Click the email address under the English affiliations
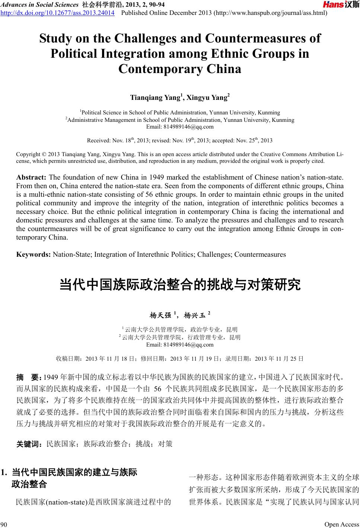pyautogui.click(x=180, y=127)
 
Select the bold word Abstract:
pyautogui.click(x=31, y=177)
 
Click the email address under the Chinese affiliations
pyautogui.click(x=180, y=345)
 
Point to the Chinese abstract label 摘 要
pyautogui.click(x=30, y=377)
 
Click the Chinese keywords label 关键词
pyautogui.click(x=30, y=444)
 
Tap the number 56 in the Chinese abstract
pyautogui.click(x=157, y=389)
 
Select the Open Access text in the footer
pyautogui.click(x=341, y=524)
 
